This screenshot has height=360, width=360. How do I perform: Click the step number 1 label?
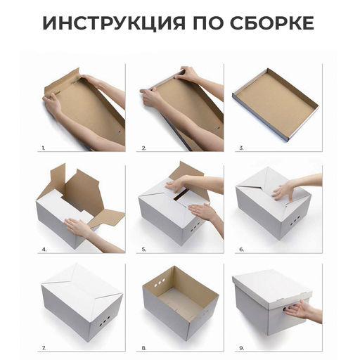pyautogui.click(x=43, y=148)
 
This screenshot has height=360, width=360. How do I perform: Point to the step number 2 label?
pyautogui.click(x=143, y=148)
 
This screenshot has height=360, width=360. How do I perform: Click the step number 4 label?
pyautogui.click(x=44, y=249)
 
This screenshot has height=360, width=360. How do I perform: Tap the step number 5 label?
pyautogui.click(x=143, y=249)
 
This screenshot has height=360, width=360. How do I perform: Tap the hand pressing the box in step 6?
pyautogui.click(x=284, y=190)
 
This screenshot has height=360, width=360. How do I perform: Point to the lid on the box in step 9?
pyautogui.click(x=271, y=285)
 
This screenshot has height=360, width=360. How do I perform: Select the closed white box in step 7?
pyautogui.click(x=80, y=302)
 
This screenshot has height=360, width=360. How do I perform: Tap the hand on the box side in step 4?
pyautogui.click(x=77, y=228)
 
